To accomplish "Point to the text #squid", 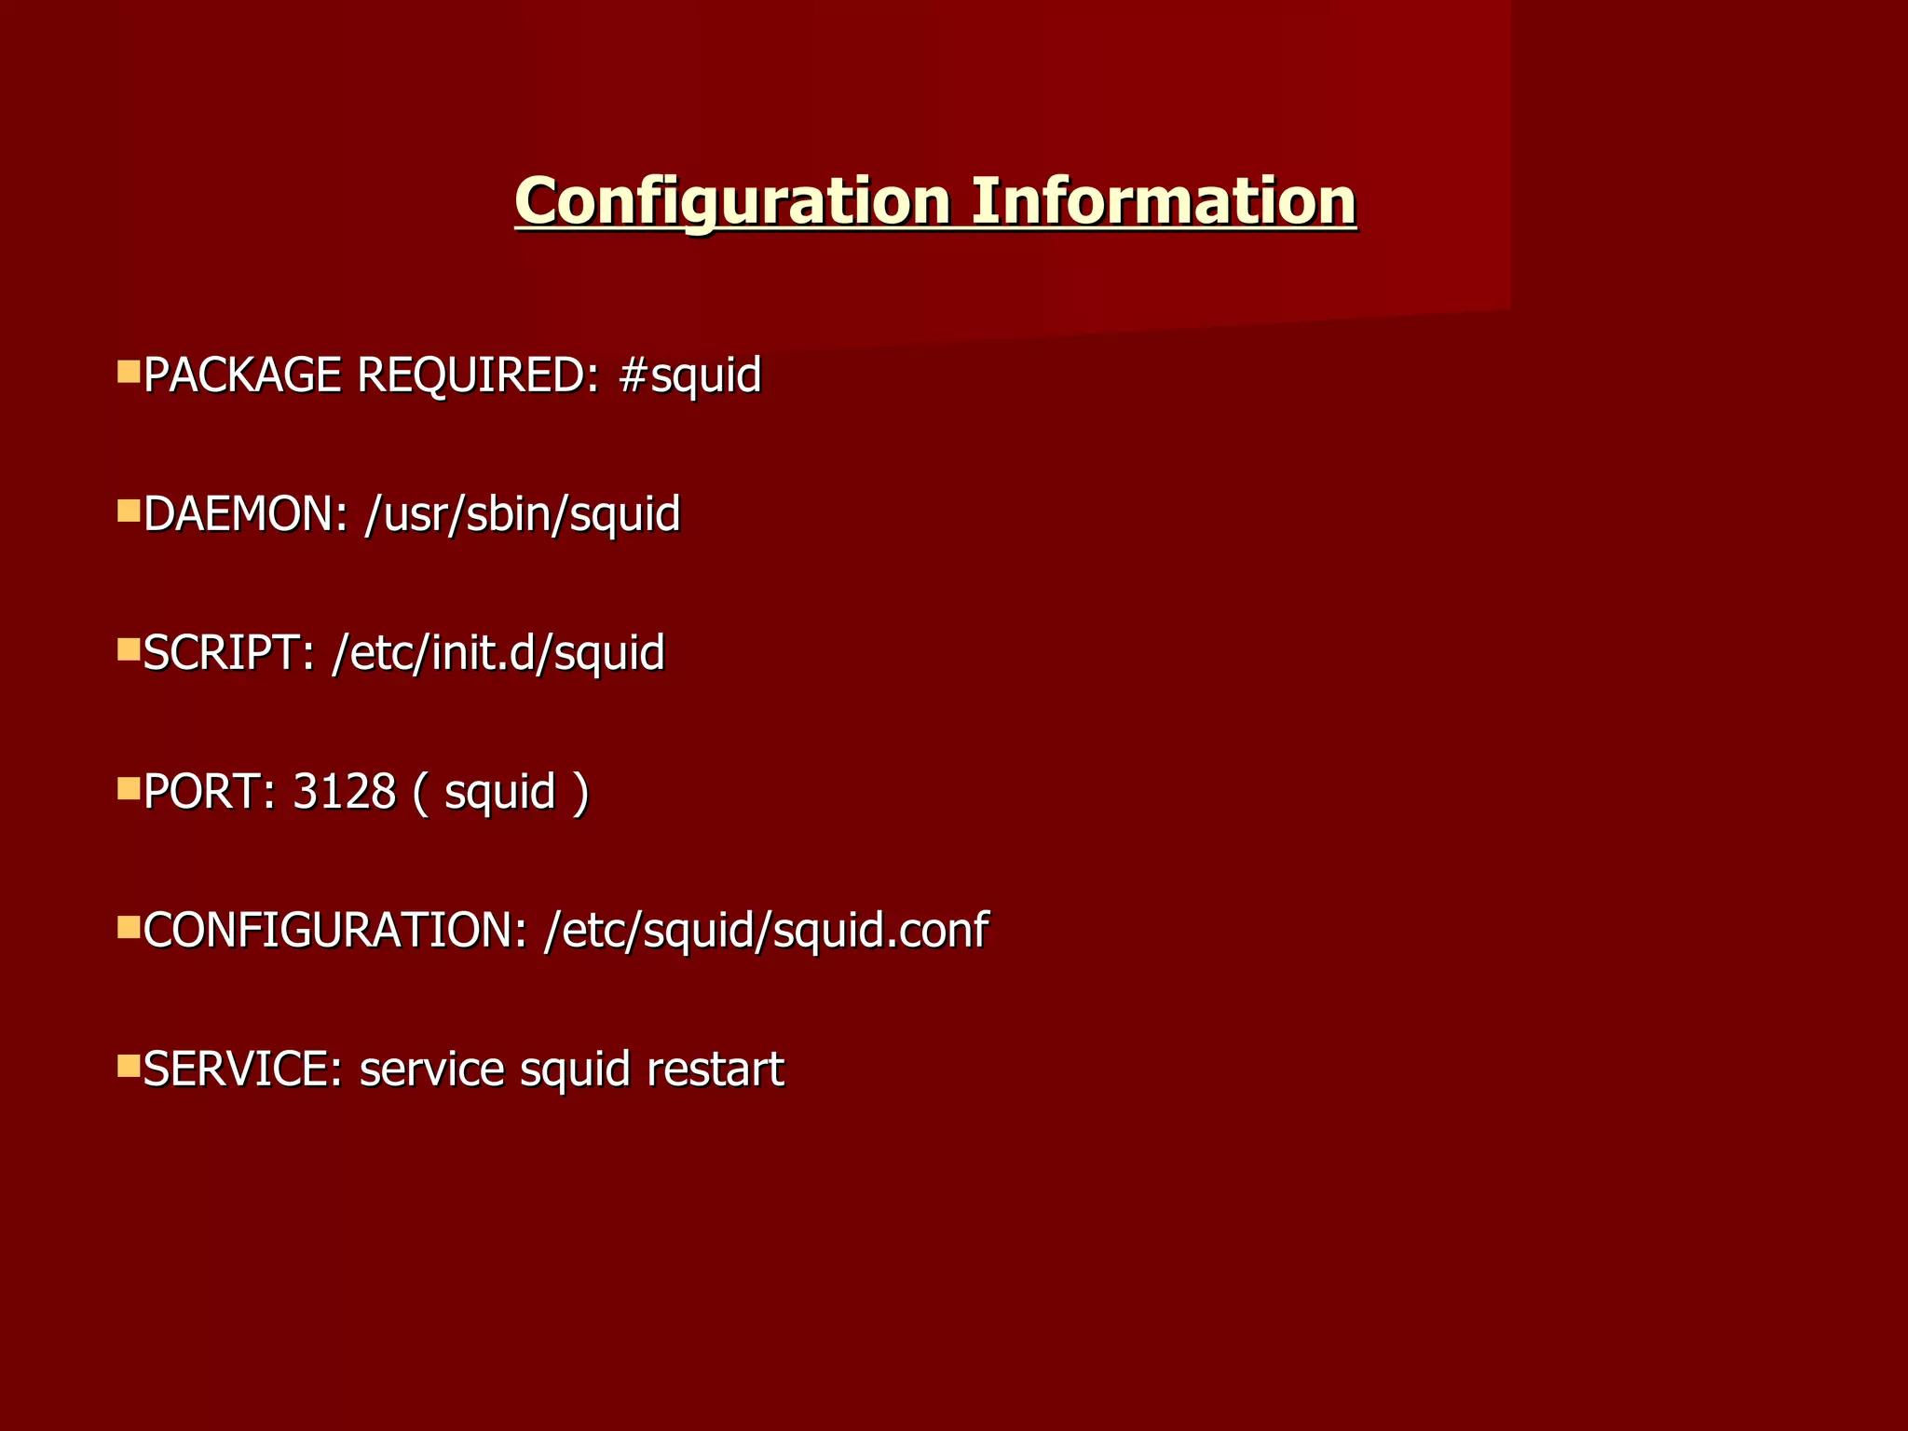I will [x=690, y=375].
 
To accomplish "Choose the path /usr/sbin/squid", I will [x=523, y=514].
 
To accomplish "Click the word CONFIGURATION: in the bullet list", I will [x=335, y=931].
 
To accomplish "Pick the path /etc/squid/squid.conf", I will [x=766, y=931].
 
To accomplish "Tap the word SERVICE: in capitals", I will [x=244, y=1069].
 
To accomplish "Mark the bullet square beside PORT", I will [x=129, y=789].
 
